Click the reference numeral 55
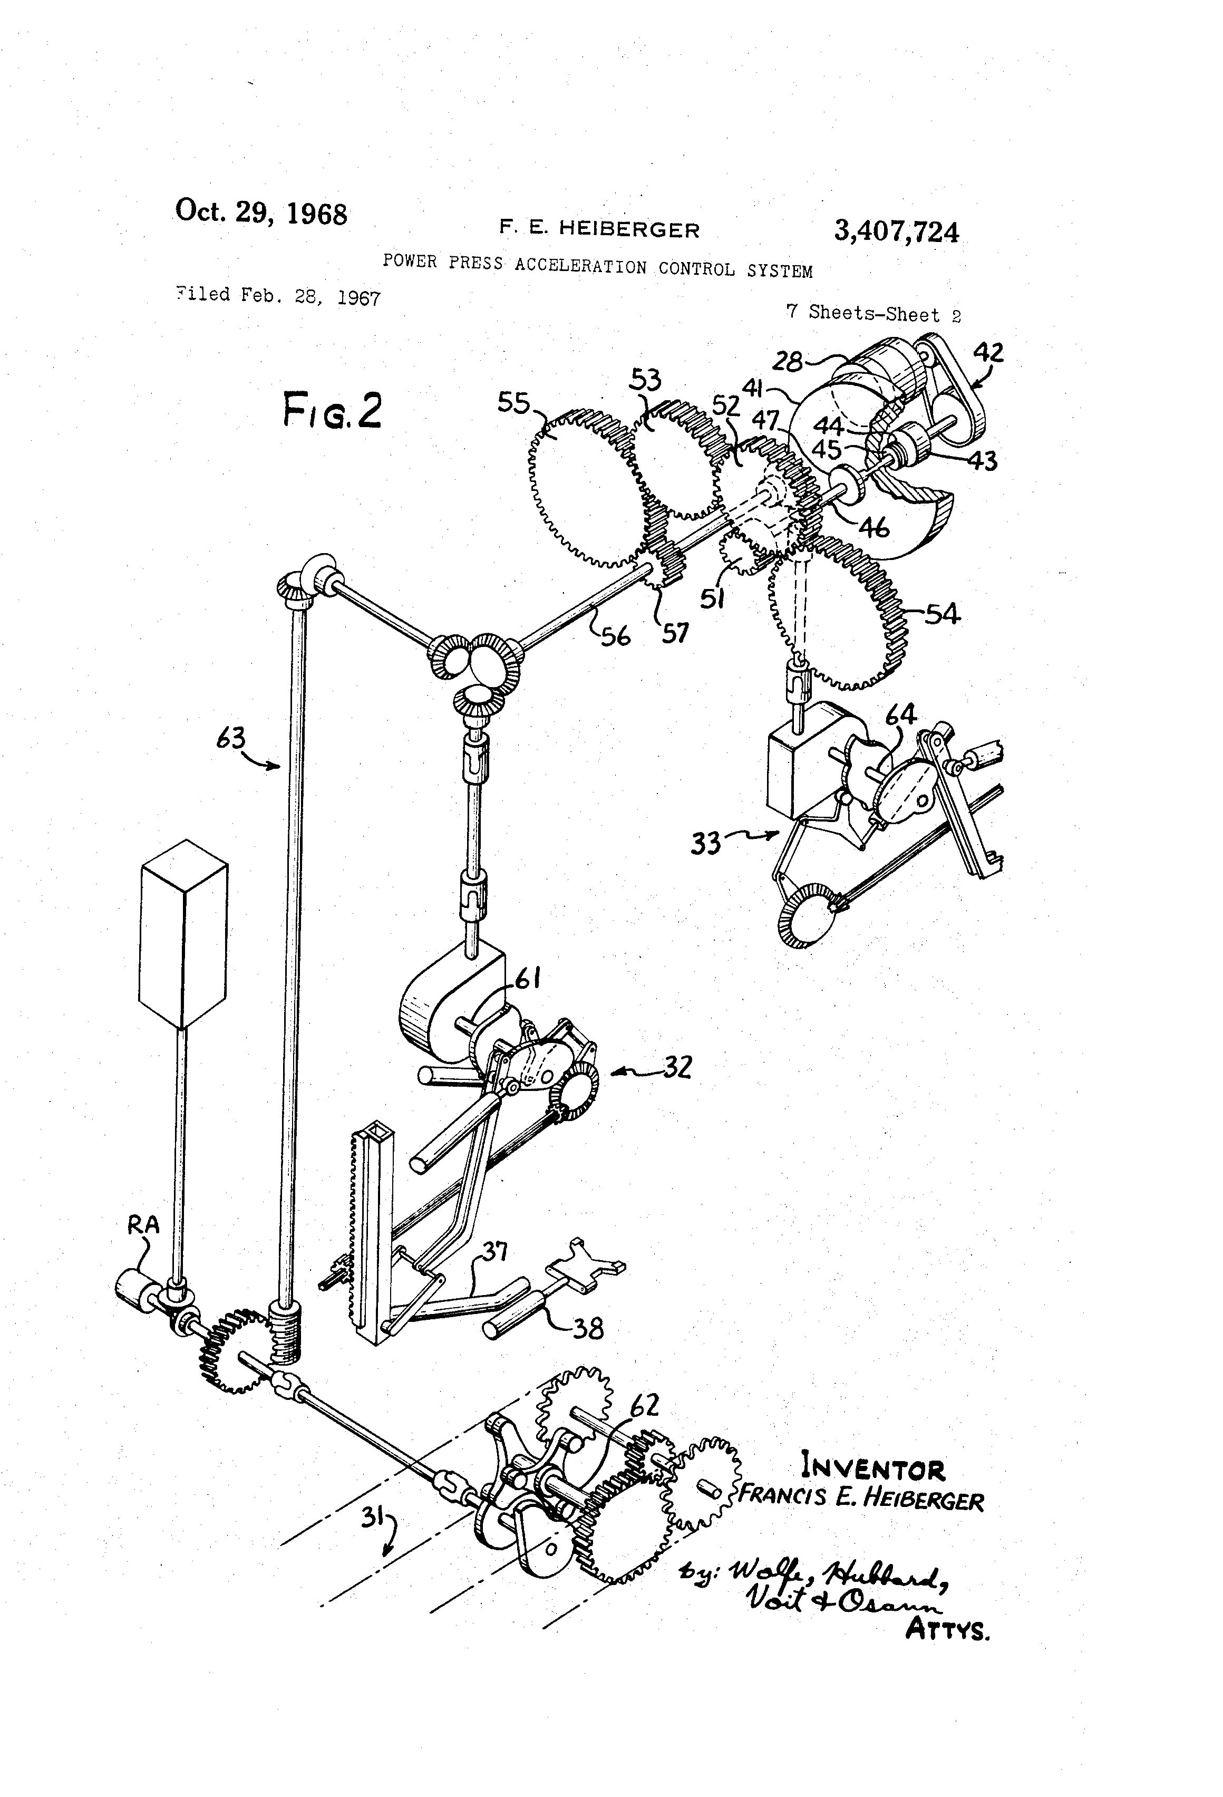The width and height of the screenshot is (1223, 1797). pos(513,403)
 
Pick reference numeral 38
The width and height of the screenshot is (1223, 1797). pos(588,1328)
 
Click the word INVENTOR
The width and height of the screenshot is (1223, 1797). pos(873,1467)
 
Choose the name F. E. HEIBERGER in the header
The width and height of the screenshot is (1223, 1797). pos(599,229)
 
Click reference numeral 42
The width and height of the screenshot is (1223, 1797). pos(987,353)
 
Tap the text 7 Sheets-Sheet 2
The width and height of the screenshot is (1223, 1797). pos(873,313)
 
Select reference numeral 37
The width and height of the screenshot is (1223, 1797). pos(495,1250)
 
